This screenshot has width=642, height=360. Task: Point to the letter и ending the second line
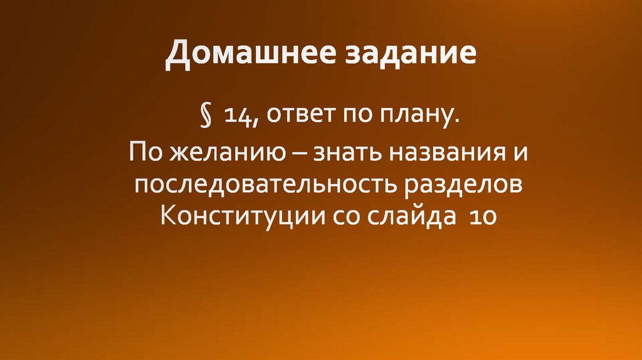click(517, 152)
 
